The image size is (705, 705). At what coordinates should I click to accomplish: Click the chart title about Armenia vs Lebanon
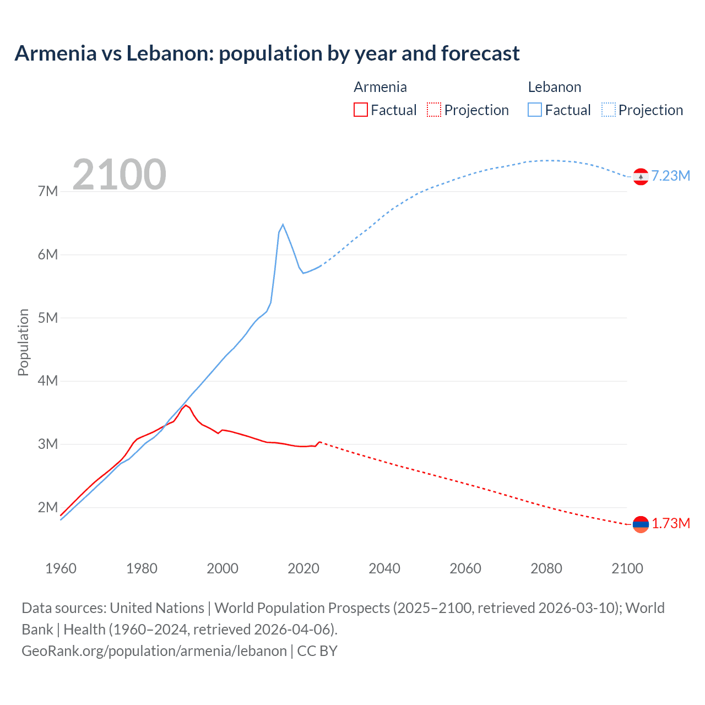[x=267, y=53]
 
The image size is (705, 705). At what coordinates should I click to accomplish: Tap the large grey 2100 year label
[x=119, y=175]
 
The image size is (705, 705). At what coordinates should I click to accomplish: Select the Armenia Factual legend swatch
[x=360, y=110]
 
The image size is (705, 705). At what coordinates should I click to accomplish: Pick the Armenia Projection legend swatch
[x=434, y=110]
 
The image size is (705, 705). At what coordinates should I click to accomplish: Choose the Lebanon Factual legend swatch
[x=535, y=110]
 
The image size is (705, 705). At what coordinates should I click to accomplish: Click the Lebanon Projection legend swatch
[x=608, y=110]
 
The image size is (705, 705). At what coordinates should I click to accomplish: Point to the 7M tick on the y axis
[x=48, y=191]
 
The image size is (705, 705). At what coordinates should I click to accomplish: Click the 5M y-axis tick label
[x=48, y=318]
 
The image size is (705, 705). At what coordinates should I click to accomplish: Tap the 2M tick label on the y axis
[x=48, y=507]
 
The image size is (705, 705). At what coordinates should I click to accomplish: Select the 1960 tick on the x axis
[x=61, y=568]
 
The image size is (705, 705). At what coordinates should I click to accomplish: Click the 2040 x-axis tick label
[x=384, y=568]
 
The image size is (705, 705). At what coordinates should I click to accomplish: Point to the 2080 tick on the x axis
[x=546, y=568]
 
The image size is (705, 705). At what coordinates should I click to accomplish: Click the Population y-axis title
[x=23, y=342]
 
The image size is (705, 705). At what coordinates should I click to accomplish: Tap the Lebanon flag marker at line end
[x=641, y=176]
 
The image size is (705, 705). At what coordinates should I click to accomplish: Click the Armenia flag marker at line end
[x=641, y=524]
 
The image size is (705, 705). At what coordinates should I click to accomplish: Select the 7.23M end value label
[x=671, y=176]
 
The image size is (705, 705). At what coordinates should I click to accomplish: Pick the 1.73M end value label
[x=671, y=523]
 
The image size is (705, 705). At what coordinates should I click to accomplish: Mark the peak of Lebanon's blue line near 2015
[x=283, y=225]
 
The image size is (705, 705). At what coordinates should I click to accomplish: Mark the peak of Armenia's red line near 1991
[x=186, y=405]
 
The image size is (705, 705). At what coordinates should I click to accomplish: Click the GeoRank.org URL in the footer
[x=154, y=650]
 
